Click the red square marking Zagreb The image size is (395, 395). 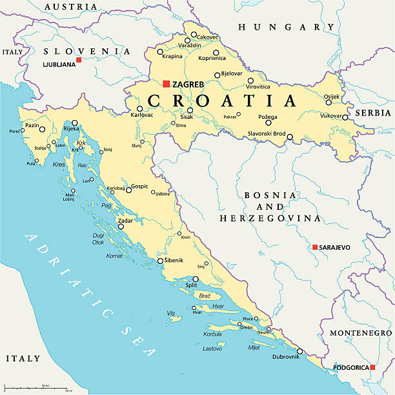click(x=166, y=84)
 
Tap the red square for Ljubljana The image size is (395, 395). click(x=79, y=60)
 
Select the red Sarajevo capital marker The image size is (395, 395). click(x=314, y=247)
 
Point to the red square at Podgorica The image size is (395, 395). click(x=372, y=368)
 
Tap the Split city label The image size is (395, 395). click(x=191, y=285)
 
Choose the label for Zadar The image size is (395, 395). click(x=125, y=220)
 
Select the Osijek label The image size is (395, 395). click(x=332, y=97)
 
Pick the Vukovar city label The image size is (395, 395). click(x=330, y=117)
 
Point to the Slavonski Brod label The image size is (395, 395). click(x=267, y=134)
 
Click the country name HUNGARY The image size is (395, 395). click(x=281, y=27)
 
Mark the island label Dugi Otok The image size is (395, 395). click(x=98, y=239)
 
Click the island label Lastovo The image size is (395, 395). click(x=212, y=348)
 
